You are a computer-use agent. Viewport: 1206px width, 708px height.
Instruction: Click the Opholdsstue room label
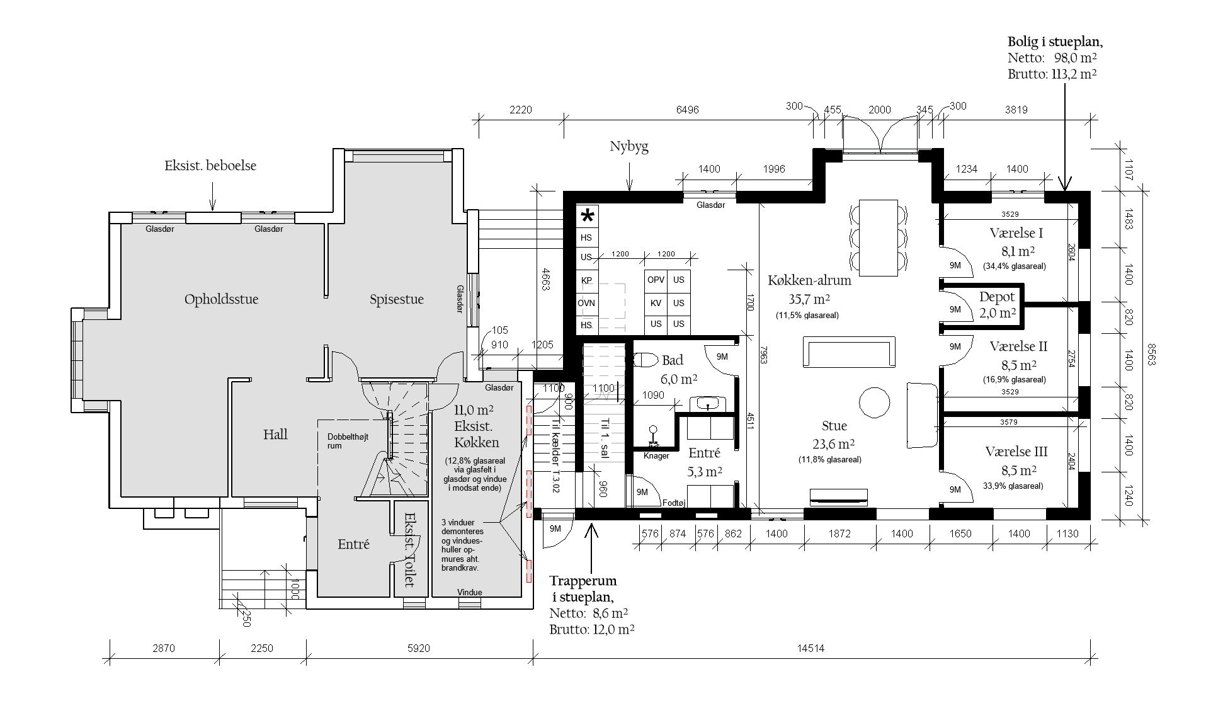(221, 299)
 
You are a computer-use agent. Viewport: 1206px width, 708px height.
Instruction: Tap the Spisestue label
(397, 299)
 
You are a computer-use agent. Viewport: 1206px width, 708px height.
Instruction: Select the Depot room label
(997, 297)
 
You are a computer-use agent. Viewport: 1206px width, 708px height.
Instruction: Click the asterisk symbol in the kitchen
(587, 217)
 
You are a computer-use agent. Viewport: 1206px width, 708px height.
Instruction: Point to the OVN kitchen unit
(586, 304)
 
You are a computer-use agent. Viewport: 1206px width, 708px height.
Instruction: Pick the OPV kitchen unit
(656, 280)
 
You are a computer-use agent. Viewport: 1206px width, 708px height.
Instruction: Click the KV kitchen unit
(656, 303)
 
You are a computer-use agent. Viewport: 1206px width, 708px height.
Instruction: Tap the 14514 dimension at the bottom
(811, 648)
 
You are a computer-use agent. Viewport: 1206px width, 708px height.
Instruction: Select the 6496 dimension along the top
(687, 110)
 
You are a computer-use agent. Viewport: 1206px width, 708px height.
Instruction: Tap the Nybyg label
(629, 147)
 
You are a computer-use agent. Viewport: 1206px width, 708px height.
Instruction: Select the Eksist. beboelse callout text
(210, 166)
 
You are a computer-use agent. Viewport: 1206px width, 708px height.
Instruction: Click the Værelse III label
(1016, 452)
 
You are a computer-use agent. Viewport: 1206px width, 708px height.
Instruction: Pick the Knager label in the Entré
(656, 455)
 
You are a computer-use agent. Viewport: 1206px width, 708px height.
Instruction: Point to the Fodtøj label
(674, 503)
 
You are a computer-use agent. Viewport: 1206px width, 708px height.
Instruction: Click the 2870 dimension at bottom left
(164, 648)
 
